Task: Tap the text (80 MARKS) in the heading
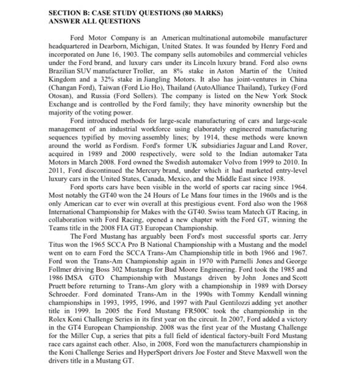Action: pyautogui.click(x=200, y=12)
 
